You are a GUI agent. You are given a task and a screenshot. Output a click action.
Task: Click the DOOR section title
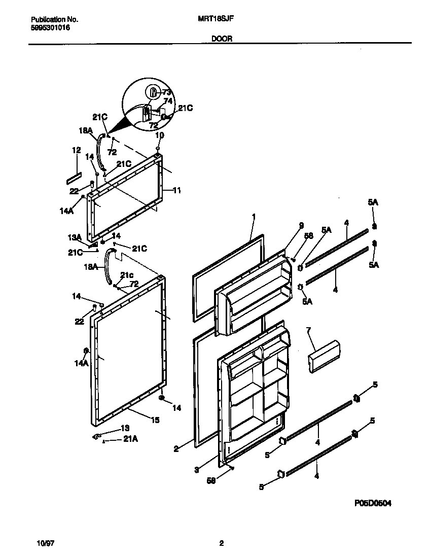pos(221,39)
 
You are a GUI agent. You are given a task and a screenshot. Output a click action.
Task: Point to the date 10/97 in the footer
pos(46,543)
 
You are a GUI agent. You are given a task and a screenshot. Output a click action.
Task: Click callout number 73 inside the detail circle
pos(166,92)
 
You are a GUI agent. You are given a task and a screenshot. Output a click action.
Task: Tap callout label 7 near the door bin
pos(308,330)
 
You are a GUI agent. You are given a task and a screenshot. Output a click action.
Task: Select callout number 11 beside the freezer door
pos(176,191)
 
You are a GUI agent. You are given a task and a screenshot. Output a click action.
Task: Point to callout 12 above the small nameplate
pos(77,150)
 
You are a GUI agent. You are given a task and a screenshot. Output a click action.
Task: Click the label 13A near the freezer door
pos(75,237)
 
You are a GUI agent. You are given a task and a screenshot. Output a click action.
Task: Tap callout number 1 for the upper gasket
pos(254,217)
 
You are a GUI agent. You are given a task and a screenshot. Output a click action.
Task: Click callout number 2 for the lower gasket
pos(176,448)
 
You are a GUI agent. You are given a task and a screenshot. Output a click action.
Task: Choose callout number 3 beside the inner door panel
pos(196,470)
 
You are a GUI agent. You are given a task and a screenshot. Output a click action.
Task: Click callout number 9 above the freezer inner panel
pos(301,225)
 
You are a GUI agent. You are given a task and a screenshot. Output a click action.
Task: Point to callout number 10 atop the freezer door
pos(159,135)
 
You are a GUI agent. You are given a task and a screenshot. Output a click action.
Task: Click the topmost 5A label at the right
pos(373,202)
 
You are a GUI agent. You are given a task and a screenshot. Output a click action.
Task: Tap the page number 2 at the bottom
pos(221,543)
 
